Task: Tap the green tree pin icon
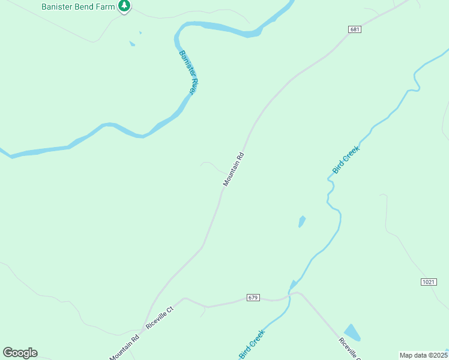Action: (124, 6)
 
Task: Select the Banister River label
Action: (188, 72)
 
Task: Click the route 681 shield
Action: (354, 29)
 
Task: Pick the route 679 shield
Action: (253, 298)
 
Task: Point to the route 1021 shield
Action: (428, 282)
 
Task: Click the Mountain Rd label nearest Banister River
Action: (234, 169)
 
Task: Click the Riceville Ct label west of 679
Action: (159, 317)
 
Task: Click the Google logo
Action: (20, 353)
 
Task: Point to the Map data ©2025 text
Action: (423, 355)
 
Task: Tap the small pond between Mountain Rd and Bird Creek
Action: (301, 221)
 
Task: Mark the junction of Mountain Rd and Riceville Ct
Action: (144, 328)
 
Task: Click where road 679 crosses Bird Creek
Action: (289, 294)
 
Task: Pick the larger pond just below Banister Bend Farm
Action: (131, 43)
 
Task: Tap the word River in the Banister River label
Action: (191, 82)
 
